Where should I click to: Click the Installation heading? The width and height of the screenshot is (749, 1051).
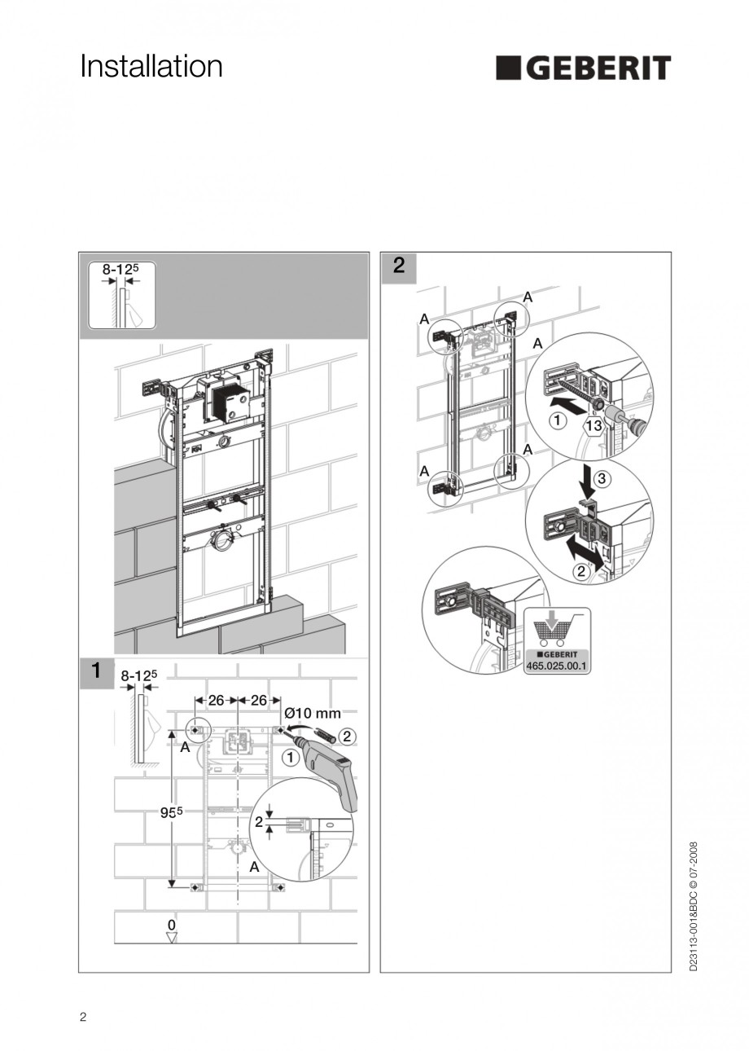click(x=151, y=67)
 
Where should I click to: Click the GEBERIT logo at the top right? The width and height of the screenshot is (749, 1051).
click(x=583, y=68)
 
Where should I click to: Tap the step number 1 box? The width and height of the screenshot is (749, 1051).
click(x=96, y=672)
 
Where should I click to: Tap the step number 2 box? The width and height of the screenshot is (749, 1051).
click(x=398, y=266)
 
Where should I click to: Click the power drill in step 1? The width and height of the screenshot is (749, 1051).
click(x=333, y=771)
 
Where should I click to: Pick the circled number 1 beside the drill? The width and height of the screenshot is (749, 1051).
click(x=289, y=757)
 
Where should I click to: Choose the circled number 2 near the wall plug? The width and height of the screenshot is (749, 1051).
click(x=345, y=736)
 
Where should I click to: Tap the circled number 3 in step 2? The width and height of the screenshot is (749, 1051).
click(x=600, y=479)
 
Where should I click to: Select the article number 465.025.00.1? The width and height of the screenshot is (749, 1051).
click(x=557, y=665)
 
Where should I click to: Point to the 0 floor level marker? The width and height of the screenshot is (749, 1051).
click(x=171, y=925)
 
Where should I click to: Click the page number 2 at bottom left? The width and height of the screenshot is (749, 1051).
click(x=83, y=1017)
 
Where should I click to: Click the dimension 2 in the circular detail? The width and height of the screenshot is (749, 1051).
click(x=259, y=822)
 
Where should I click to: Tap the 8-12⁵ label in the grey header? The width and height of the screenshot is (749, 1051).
click(x=119, y=268)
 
